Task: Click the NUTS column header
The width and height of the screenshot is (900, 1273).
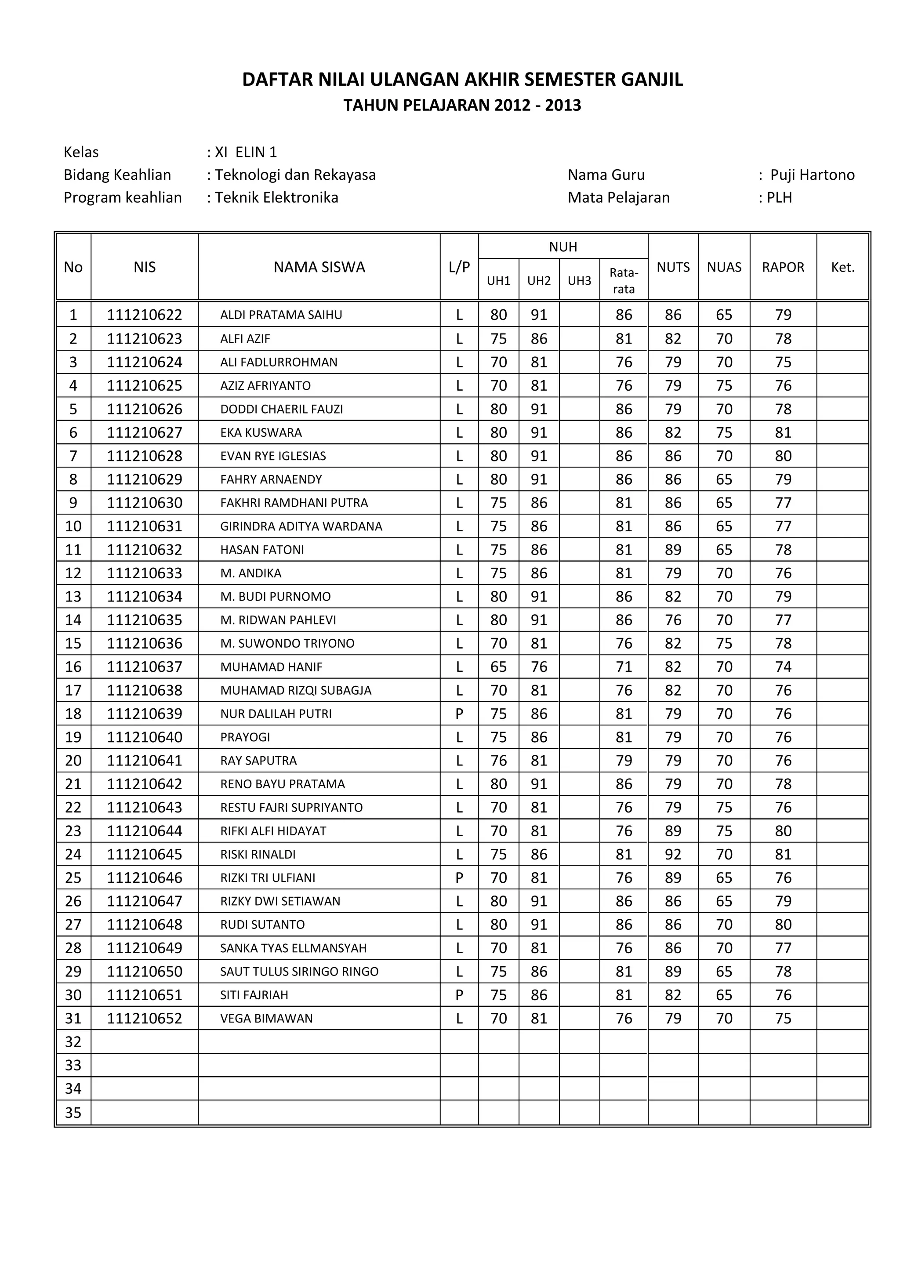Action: (673, 267)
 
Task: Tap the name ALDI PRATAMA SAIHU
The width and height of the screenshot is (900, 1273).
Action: (281, 315)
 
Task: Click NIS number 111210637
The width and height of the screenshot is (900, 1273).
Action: (144, 667)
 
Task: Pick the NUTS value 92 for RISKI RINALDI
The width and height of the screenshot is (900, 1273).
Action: (673, 854)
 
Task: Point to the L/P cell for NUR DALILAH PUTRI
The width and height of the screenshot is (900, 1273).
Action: (459, 714)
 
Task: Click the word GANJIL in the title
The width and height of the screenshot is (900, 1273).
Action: (652, 80)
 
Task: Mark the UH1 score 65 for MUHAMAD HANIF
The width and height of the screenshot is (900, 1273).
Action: (498, 667)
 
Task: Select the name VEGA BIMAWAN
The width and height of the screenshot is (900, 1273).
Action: (266, 1019)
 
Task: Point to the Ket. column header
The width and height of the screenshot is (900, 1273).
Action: (842, 267)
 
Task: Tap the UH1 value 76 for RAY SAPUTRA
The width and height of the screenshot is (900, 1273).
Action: (498, 761)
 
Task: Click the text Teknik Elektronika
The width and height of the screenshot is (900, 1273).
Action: (276, 198)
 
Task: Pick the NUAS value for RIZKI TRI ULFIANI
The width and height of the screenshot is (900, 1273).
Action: (724, 878)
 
